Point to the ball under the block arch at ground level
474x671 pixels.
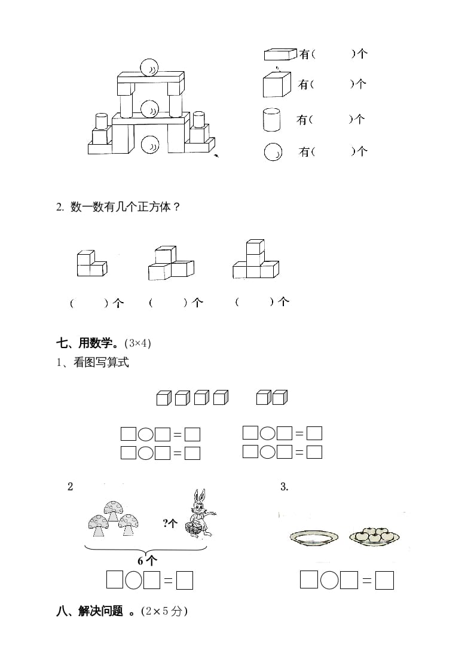click(150, 144)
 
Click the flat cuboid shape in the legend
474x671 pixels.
click(280, 54)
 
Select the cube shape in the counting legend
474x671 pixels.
click(276, 84)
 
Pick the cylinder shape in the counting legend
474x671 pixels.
click(271, 120)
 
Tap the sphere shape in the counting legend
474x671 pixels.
click(273, 152)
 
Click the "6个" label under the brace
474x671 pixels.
click(147, 560)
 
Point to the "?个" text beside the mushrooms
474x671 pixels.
click(170, 523)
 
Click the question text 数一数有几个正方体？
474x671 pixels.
click(126, 207)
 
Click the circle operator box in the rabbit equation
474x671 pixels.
click(134, 580)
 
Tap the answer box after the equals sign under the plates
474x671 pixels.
click(385, 580)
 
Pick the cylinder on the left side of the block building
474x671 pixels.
click(102, 121)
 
